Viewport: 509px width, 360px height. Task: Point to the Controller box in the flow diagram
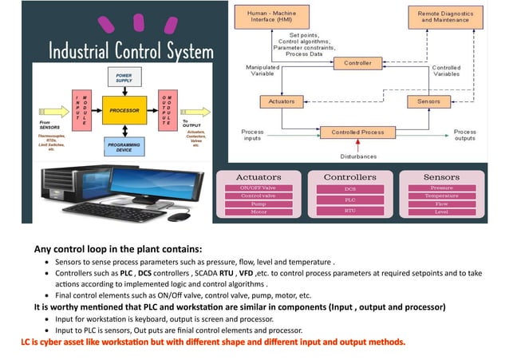(x=357, y=62)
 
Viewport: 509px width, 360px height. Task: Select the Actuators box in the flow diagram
(x=281, y=101)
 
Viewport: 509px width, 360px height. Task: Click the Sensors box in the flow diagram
(x=429, y=101)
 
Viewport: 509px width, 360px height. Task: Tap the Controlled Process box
(x=357, y=132)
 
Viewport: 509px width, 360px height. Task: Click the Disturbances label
(x=357, y=156)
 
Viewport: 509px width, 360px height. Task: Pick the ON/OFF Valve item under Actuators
(x=258, y=188)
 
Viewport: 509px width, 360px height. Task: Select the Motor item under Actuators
(x=258, y=213)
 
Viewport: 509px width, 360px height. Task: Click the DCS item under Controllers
(x=349, y=189)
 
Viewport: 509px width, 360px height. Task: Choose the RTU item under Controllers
(x=349, y=212)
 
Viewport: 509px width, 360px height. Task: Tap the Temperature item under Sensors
(x=441, y=196)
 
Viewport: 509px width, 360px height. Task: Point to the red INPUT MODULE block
(x=77, y=110)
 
